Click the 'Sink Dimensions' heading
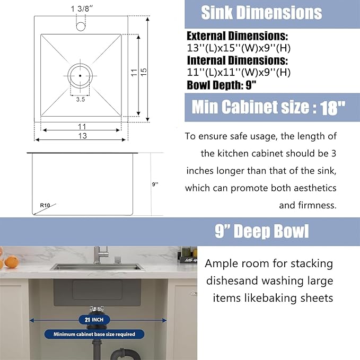tap(261, 13)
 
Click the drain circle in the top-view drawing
tap(80, 75)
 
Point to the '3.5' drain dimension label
tap(81, 99)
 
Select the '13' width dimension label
tap(81, 135)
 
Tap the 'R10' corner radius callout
tap(45, 204)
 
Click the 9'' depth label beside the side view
tap(155, 184)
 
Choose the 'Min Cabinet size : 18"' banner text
tap(268, 108)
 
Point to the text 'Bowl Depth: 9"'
tap(222, 85)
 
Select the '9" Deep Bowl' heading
tap(262, 232)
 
